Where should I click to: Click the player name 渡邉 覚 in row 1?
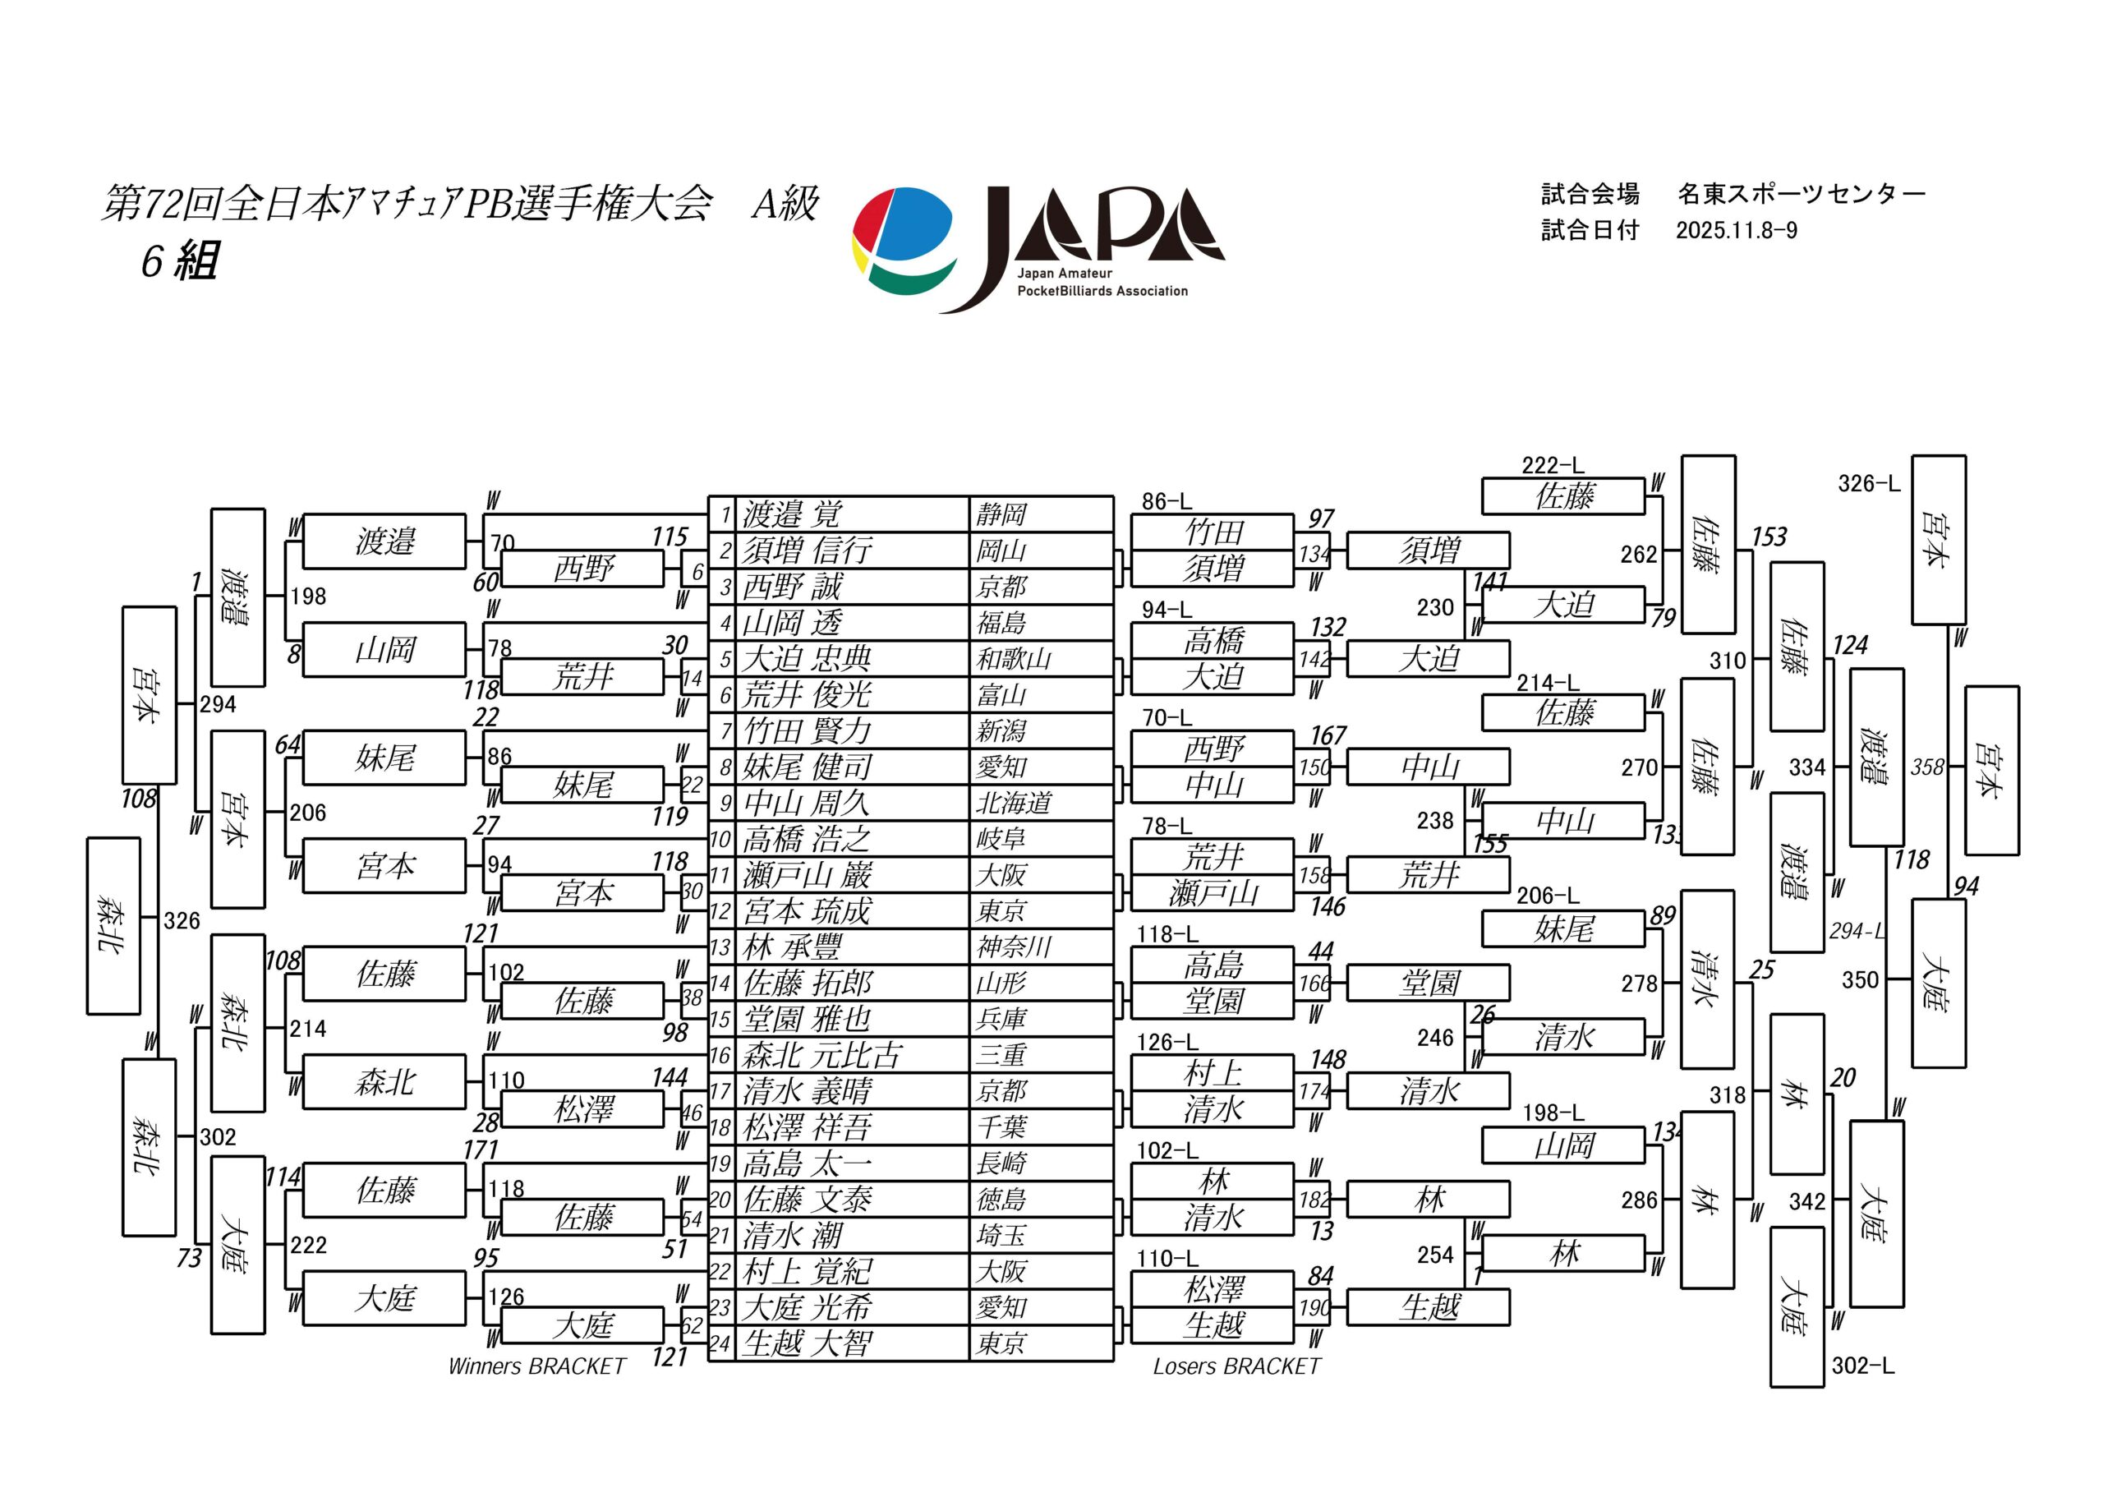[792, 514]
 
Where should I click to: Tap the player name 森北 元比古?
[822, 1055]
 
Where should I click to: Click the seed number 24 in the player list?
[720, 1343]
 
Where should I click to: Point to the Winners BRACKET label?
[536, 1366]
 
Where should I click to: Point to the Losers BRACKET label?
[1236, 1366]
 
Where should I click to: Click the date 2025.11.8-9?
[1737, 230]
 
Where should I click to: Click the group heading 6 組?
[180, 262]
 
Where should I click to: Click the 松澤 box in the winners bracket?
[582, 1109]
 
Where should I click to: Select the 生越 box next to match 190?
[1428, 1306]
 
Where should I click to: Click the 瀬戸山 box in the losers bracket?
[1213, 892]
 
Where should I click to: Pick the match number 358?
[1927, 767]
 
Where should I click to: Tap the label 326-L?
[1869, 484]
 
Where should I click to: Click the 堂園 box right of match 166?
[1428, 984]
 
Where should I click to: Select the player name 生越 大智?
[807, 1343]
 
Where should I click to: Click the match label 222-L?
[1553, 465]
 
